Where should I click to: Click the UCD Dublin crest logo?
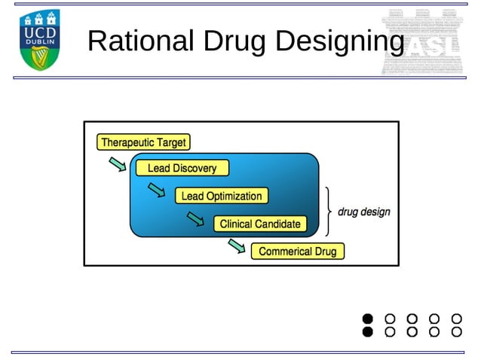click(39, 40)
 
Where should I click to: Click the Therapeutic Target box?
click(143, 142)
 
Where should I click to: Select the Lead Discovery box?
click(182, 168)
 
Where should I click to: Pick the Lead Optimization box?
click(222, 196)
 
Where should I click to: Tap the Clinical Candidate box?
click(260, 224)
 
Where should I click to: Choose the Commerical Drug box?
click(297, 252)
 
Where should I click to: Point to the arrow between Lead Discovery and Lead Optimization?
click(157, 191)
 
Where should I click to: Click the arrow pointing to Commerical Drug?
click(236, 246)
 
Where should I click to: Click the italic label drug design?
click(363, 212)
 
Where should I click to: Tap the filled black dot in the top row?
click(368, 319)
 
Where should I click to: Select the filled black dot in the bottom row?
click(368, 331)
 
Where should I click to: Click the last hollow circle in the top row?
click(456, 319)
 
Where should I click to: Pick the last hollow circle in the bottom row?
click(456, 331)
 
